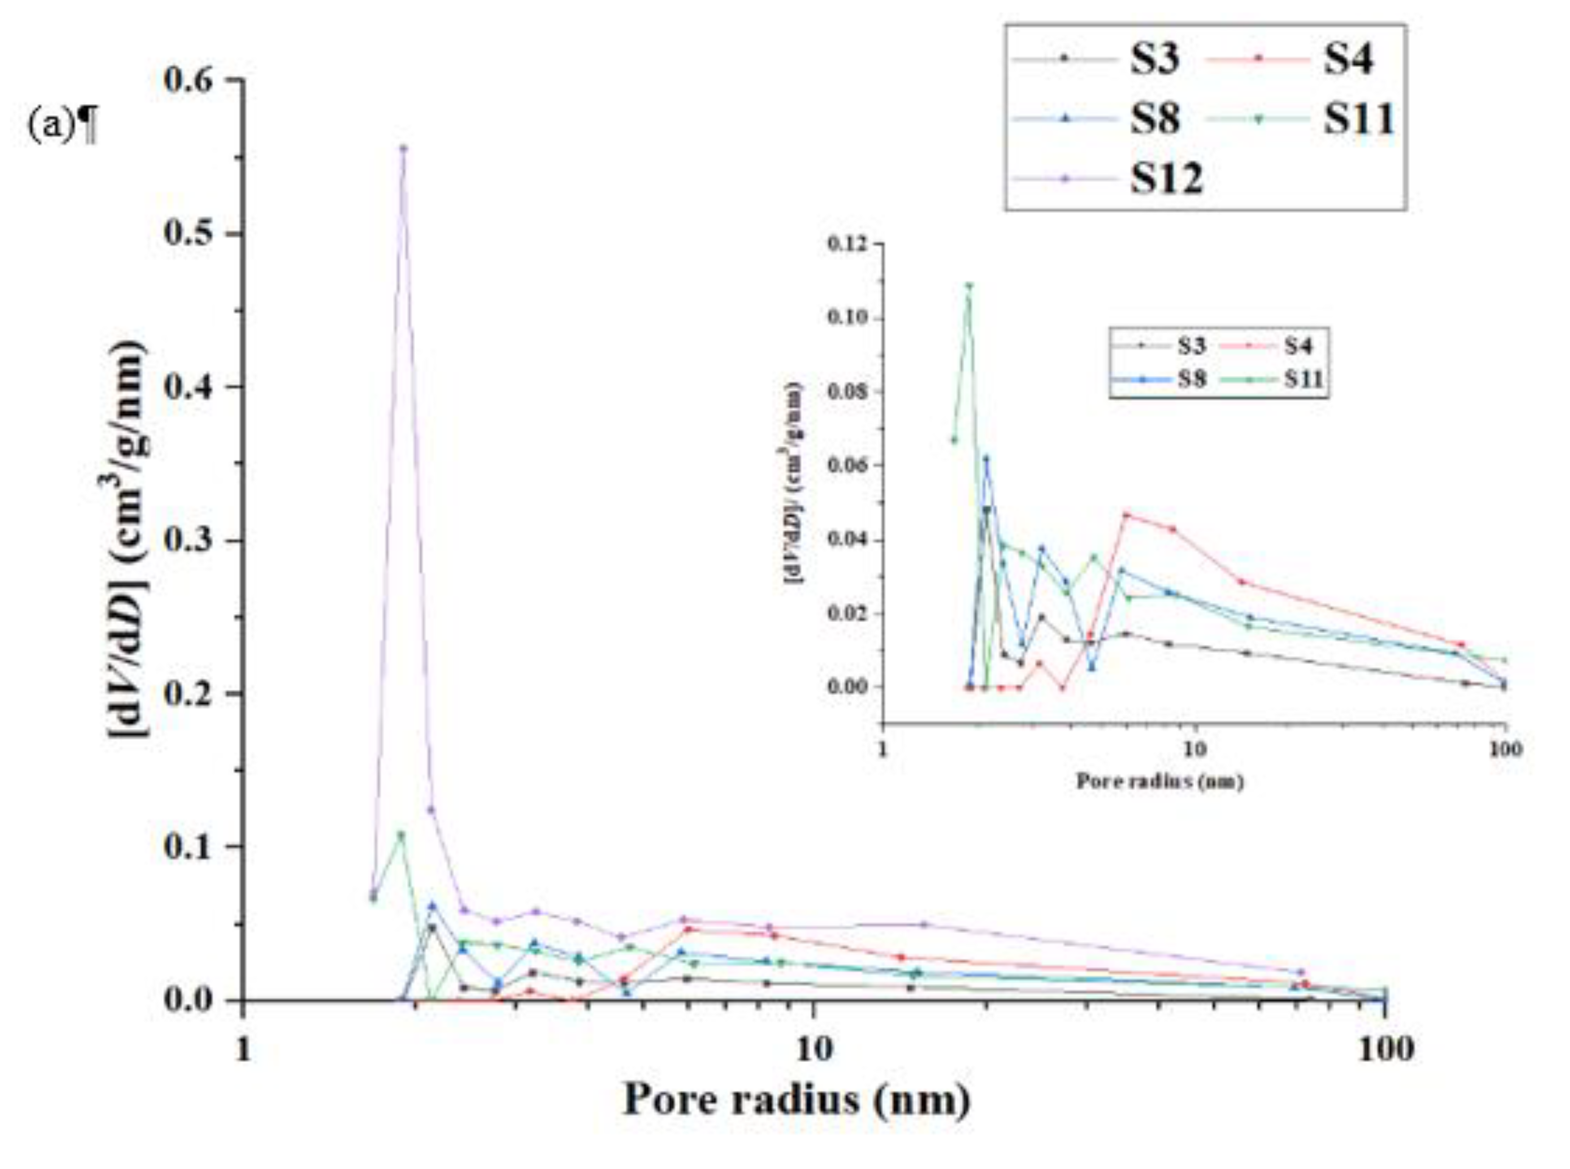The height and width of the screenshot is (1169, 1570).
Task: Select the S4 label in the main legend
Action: coord(1349,59)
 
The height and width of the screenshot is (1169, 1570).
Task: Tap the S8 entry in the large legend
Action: coord(1154,118)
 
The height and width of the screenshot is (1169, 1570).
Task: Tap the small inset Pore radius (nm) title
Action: coord(1159,782)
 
